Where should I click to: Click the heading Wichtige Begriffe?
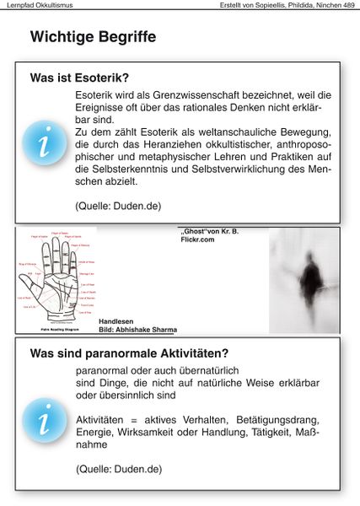93,37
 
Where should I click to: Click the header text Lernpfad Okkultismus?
37,6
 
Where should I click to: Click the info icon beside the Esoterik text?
42,142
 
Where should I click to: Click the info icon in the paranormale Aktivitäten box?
42,419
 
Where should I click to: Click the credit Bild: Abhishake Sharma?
137,330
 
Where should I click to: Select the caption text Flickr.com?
196,240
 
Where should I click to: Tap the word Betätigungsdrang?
266,419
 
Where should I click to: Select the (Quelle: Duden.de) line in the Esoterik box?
118,205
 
